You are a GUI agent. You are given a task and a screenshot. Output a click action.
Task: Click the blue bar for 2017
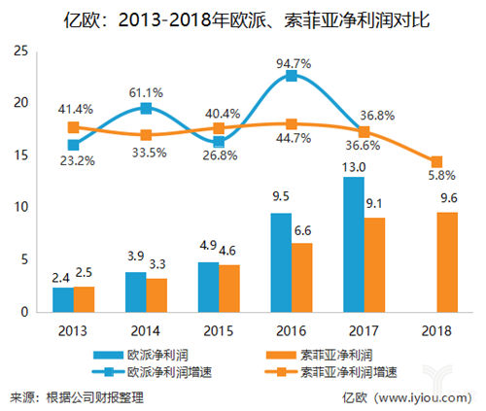[353, 244]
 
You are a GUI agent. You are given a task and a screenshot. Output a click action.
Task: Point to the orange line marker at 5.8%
[436, 162]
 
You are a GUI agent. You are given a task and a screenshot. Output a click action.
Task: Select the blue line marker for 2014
[146, 109]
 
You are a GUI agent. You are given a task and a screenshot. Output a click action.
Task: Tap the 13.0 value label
[353, 166]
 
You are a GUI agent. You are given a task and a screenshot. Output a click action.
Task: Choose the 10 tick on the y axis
[18, 208]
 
